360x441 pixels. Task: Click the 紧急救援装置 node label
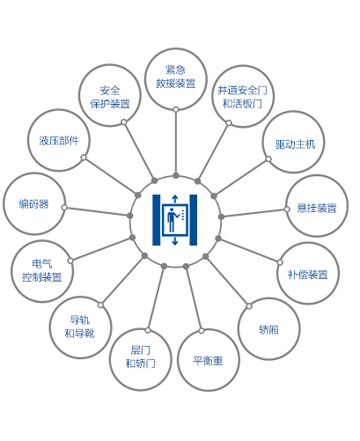click(x=176, y=77)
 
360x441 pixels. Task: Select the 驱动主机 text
click(x=295, y=144)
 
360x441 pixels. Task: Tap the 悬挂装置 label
click(x=317, y=208)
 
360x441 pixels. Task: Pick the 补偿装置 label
click(x=308, y=275)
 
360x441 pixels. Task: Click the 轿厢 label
click(x=268, y=330)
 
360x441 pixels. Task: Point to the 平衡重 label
click(x=208, y=361)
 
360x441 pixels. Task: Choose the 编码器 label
click(x=33, y=204)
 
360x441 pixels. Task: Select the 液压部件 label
click(x=59, y=141)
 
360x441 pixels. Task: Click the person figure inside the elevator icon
click(x=172, y=220)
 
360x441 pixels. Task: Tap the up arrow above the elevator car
click(x=175, y=199)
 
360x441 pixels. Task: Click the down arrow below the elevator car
click(x=175, y=241)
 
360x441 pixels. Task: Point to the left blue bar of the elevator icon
click(x=157, y=220)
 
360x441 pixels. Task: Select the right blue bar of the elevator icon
click(x=194, y=220)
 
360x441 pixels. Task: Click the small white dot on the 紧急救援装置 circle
click(x=176, y=110)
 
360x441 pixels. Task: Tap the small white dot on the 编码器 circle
click(x=64, y=208)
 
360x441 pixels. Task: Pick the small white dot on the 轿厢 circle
click(x=249, y=306)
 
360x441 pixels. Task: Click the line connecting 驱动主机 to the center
click(x=241, y=177)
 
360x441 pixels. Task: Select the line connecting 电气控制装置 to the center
click(x=101, y=249)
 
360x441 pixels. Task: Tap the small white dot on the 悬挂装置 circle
click(x=287, y=209)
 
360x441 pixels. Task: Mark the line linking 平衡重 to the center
click(x=194, y=298)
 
